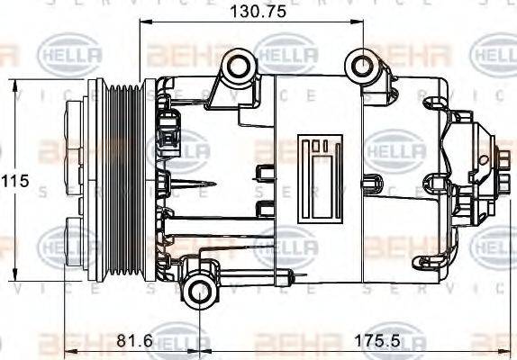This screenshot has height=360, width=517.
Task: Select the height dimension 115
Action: coord(14,181)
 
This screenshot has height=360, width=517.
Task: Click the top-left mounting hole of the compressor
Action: coord(237,66)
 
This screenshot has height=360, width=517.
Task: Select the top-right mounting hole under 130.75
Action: coord(362,66)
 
